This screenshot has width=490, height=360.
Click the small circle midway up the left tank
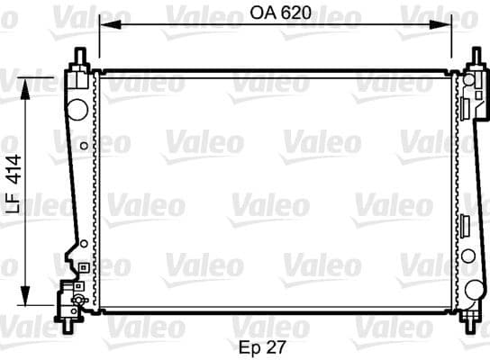pos(84,145)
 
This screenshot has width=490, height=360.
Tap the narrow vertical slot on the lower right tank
pos(466,226)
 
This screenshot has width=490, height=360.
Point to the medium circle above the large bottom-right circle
pos(468,256)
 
